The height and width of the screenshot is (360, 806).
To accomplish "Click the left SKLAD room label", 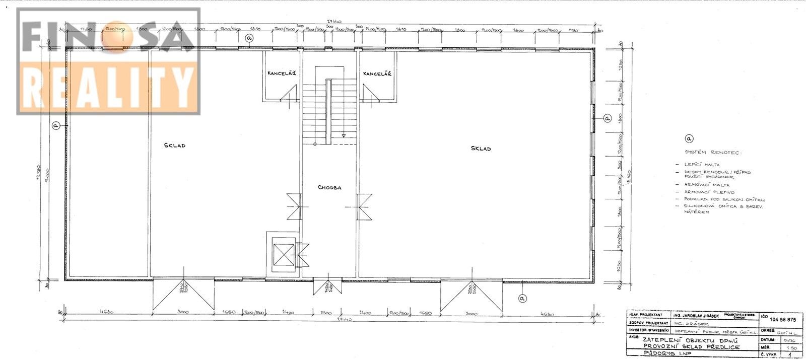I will pos(175,146).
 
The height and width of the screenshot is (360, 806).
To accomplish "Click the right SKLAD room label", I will pos(481,149).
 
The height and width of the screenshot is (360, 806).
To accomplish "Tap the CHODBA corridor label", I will pos(329,187).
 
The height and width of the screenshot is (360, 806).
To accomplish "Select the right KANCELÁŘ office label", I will pos(377,74).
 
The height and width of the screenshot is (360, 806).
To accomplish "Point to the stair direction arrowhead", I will pos(343,135).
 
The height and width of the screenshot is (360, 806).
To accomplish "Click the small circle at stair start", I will pos(315,145).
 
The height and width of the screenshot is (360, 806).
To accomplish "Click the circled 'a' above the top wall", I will pos(249,38).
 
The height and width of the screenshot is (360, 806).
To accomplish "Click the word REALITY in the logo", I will pos(108,88).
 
